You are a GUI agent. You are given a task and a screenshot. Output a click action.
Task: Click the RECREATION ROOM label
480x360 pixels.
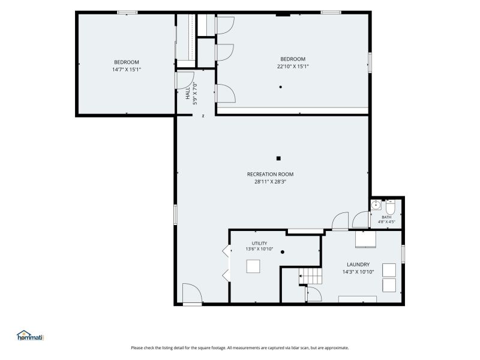(x=271, y=174)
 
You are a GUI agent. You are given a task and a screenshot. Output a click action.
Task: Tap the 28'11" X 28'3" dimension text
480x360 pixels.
(x=271, y=182)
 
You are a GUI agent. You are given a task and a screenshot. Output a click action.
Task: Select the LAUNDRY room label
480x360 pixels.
(x=358, y=265)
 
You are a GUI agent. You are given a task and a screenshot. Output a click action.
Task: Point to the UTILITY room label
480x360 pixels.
(x=259, y=244)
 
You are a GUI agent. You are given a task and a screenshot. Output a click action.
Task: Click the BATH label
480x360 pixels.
(x=386, y=217)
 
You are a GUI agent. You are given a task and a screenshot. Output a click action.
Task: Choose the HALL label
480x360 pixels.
(x=188, y=93)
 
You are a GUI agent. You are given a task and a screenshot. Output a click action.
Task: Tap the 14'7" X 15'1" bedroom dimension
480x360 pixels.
(x=127, y=70)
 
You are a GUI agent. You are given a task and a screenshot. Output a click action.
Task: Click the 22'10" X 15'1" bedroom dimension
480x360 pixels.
(x=293, y=67)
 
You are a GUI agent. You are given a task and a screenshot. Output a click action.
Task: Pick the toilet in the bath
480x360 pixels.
(x=391, y=207)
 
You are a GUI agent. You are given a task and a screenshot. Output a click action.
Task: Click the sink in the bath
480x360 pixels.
(x=376, y=205)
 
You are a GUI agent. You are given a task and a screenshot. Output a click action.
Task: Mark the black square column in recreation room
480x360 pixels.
(x=278, y=158)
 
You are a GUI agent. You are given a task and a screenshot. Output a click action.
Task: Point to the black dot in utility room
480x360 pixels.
(x=283, y=252)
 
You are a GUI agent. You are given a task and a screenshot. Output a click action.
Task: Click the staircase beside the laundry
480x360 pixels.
(x=310, y=276)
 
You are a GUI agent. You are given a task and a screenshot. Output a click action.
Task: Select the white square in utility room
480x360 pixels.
(x=253, y=266)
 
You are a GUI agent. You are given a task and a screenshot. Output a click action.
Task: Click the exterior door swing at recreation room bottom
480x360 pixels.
(x=192, y=294)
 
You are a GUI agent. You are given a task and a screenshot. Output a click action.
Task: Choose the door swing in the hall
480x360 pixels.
(x=185, y=80)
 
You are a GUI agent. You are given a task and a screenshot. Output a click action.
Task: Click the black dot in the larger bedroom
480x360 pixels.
(x=280, y=87)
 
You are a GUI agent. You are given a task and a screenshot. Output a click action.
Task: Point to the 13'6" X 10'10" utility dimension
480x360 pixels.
(x=259, y=249)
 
